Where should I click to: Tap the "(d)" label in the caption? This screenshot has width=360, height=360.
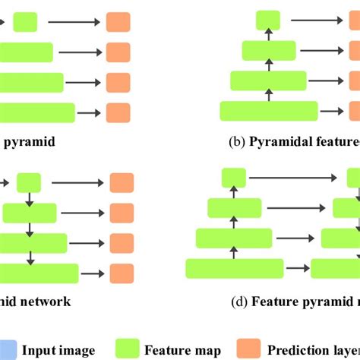239,302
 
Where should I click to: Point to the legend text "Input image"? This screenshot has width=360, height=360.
58,350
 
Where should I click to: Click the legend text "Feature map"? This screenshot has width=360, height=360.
183,350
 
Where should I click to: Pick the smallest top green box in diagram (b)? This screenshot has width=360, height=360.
267,21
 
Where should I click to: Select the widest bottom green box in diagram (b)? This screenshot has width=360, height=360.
263,112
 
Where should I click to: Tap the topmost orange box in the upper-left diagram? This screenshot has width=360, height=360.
118,23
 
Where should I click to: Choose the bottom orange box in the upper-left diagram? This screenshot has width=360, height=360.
118,112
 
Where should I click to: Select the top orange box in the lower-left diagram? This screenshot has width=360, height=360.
122,183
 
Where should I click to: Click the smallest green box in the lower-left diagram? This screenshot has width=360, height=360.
29,183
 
